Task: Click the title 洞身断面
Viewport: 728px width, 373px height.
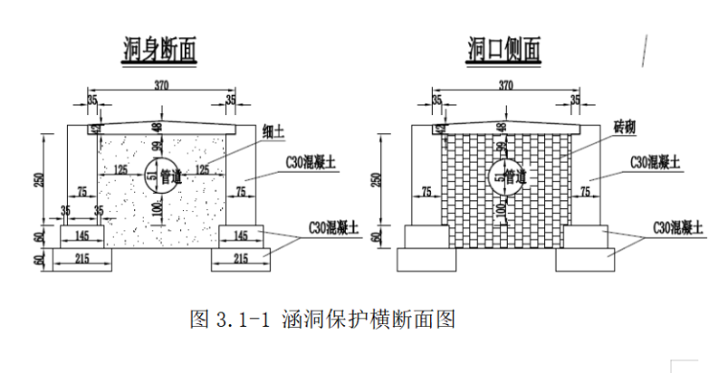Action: (x=161, y=50)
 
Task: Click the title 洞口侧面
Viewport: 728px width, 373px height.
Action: (x=504, y=50)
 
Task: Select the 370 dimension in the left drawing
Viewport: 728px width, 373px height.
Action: (x=161, y=86)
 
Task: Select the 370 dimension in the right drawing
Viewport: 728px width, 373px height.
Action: (x=506, y=86)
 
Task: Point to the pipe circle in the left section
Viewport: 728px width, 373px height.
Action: (x=160, y=174)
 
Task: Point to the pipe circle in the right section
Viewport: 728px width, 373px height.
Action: (x=505, y=174)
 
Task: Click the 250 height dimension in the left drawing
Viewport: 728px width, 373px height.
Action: (x=39, y=179)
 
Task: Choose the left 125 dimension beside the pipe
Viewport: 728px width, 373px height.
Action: (x=121, y=170)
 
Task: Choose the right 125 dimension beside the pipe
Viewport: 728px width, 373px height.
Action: (x=202, y=170)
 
